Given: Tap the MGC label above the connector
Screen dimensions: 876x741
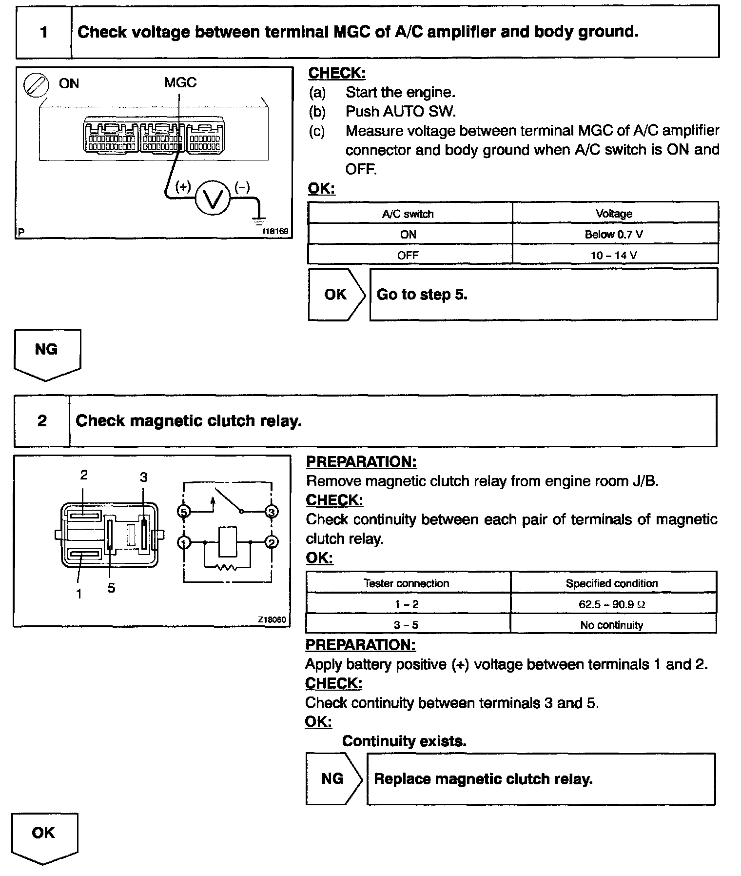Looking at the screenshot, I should click(x=180, y=82).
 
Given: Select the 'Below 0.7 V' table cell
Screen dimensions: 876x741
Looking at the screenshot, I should click(x=614, y=235).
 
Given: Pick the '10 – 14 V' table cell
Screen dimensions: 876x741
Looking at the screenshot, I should click(x=614, y=255).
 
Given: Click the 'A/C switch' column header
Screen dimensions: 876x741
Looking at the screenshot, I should click(x=408, y=214).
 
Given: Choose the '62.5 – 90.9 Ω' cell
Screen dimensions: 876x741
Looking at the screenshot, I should click(x=612, y=604).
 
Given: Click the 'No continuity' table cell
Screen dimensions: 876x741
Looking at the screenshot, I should click(x=612, y=625).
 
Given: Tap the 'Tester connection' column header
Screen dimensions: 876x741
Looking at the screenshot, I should click(x=407, y=583).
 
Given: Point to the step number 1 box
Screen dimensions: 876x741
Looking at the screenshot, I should click(x=44, y=32).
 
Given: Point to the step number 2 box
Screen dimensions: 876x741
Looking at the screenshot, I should click(x=42, y=421).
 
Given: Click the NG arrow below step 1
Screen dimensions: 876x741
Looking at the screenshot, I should click(x=47, y=354).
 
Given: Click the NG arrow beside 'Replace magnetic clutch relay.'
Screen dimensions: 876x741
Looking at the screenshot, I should click(x=333, y=779).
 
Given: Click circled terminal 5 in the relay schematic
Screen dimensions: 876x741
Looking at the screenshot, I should click(x=183, y=512).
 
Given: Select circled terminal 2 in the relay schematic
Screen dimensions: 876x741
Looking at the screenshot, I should click(x=272, y=542).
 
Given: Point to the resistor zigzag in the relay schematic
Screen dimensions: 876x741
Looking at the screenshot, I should click(x=227, y=567).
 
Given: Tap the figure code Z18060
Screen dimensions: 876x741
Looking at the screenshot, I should click(x=272, y=619).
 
